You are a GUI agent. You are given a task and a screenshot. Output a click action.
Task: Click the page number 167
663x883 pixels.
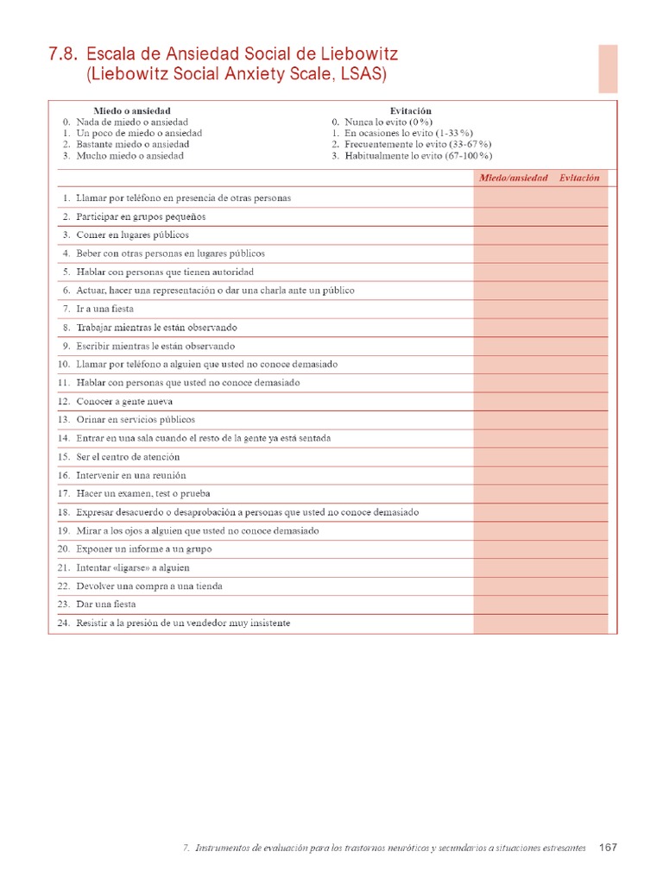pyautogui.click(x=608, y=848)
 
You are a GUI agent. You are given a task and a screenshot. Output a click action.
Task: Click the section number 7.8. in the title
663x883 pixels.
pyautogui.click(x=64, y=55)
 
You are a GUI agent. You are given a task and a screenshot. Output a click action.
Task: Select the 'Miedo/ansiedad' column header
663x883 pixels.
pyautogui.click(x=514, y=178)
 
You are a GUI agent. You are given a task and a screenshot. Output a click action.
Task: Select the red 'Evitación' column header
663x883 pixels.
pyautogui.click(x=578, y=178)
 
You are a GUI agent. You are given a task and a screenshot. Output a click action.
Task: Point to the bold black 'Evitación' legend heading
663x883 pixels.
pyautogui.click(x=411, y=111)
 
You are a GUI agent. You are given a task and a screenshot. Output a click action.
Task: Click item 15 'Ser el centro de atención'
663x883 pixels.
pyautogui.click(x=128, y=457)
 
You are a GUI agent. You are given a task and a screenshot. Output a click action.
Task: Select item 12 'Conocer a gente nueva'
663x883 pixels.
pyautogui.click(x=124, y=401)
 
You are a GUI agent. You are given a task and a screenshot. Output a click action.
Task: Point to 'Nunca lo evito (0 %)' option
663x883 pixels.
pyautogui.click(x=394, y=122)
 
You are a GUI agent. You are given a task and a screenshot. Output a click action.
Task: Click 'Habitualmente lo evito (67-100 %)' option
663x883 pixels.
pyautogui.click(x=418, y=156)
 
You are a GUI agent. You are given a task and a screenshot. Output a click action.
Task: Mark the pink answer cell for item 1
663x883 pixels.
pyautogui.click(x=540, y=197)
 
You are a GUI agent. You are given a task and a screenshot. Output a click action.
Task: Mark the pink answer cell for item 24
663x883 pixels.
pyautogui.click(x=540, y=623)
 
